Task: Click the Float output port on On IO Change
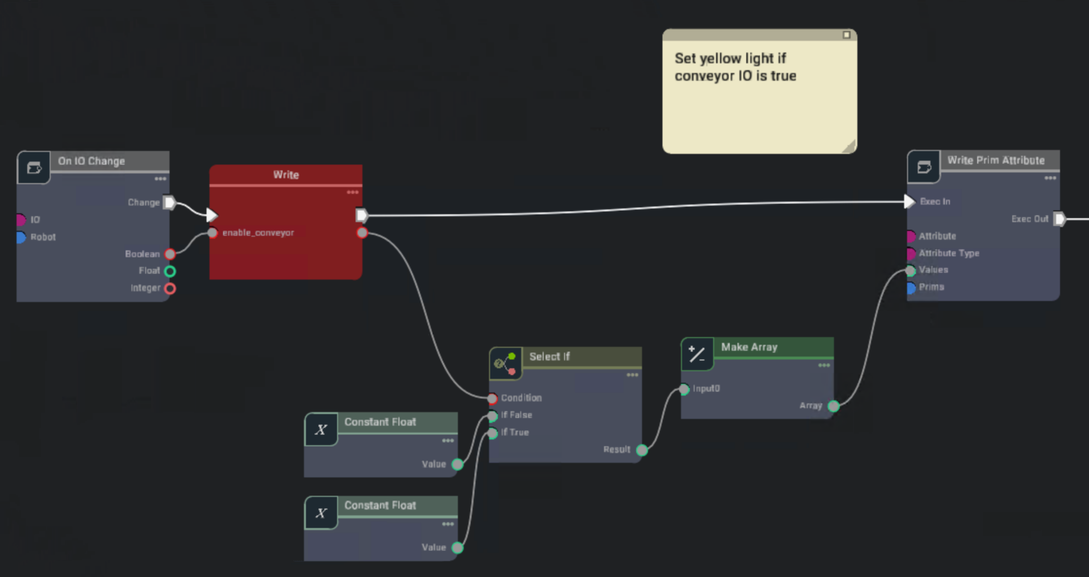coord(170,272)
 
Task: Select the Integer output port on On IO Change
coord(170,289)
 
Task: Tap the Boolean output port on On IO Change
coord(170,254)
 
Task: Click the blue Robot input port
coord(21,238)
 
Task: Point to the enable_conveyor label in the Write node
coord(258,233)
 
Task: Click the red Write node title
coord(286,175)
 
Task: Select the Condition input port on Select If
coord(492,398)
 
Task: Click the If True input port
coord(492,433)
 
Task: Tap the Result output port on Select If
coord(642,450)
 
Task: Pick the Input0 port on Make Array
coord(684,389)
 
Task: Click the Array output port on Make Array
coord(833,406)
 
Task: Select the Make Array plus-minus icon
coord(697,354)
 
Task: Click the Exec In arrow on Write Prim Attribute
coord(909,201)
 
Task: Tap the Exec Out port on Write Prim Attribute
coord(1060,219)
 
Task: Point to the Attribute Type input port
coord(911,254)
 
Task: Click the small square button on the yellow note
coord(847,35)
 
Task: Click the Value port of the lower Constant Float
coord(457,548)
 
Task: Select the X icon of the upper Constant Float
coord(321,430)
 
